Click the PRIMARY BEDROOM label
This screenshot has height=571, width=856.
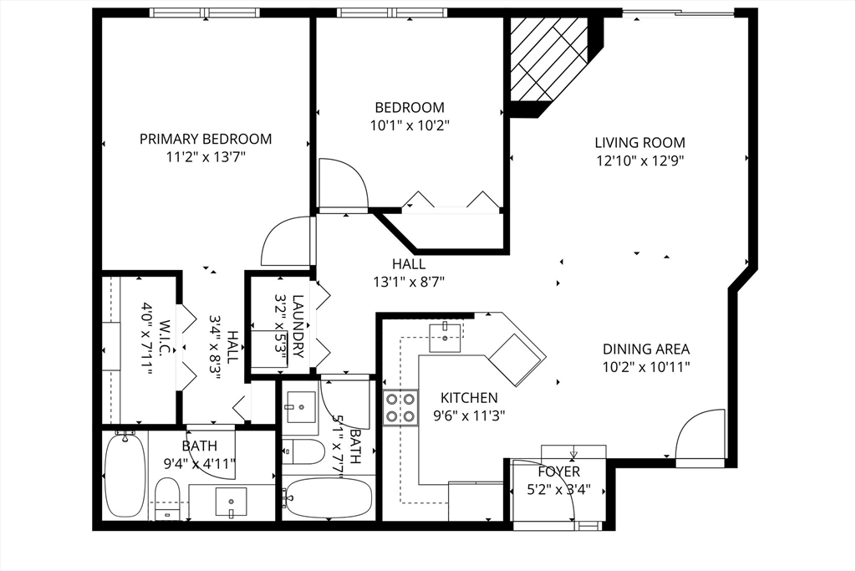[206, 139]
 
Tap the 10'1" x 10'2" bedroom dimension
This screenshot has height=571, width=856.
[410, 125]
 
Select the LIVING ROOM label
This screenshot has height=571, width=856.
[639, 142]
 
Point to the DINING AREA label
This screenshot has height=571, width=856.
[646, 349]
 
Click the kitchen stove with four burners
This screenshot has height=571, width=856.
[400, 407]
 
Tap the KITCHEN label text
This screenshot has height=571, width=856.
[469, 397]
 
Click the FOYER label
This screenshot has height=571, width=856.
[558, 472]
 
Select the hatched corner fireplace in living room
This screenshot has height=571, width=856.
[548, 59]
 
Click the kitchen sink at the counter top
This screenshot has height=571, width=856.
[446, 338]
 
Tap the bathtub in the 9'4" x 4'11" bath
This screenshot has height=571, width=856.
[125, 474]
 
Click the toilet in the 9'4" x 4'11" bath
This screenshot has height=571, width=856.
[167, 499]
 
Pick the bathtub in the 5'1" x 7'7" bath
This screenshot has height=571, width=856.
[328, 498]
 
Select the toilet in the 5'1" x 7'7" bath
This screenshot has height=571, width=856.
[303, 451]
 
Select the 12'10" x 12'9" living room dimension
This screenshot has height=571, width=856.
[640, 161]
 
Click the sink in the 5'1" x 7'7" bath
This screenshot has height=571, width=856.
[300, 406]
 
